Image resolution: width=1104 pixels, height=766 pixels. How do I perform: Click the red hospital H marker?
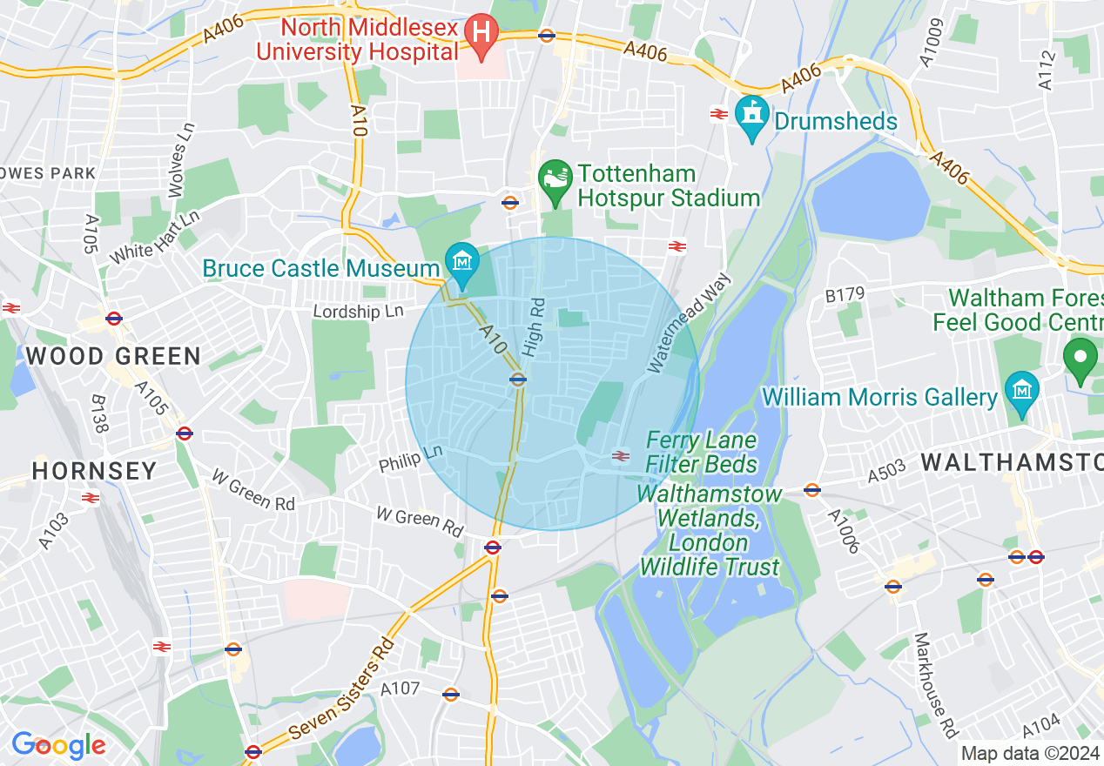[480, 34]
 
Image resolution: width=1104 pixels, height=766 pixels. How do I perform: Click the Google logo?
[58, 745]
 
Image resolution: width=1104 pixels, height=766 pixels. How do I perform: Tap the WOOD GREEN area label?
[113, 356]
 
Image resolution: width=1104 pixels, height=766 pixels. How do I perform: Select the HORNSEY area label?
[95, 471]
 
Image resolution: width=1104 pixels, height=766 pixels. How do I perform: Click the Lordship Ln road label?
[359, 311]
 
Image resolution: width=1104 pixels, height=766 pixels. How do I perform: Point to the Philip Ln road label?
[411, 459]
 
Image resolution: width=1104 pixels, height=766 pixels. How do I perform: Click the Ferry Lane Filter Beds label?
[702, 452]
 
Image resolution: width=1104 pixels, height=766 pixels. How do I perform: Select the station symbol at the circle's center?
[518, 380]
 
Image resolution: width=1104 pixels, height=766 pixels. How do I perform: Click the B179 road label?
[845, 297]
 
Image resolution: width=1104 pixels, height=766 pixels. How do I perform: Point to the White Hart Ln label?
[155, 238]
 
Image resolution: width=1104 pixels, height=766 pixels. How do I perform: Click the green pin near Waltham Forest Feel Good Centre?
[1080, 359]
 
